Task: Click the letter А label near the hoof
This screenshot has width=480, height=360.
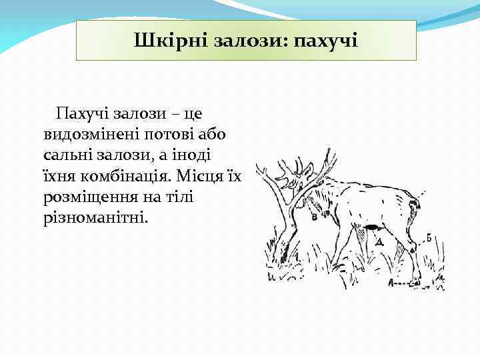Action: point(391,283)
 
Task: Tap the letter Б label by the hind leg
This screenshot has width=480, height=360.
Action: point(429,237)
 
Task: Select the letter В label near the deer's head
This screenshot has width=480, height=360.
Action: point(313,217)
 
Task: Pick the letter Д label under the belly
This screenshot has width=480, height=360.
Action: point(379,243)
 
